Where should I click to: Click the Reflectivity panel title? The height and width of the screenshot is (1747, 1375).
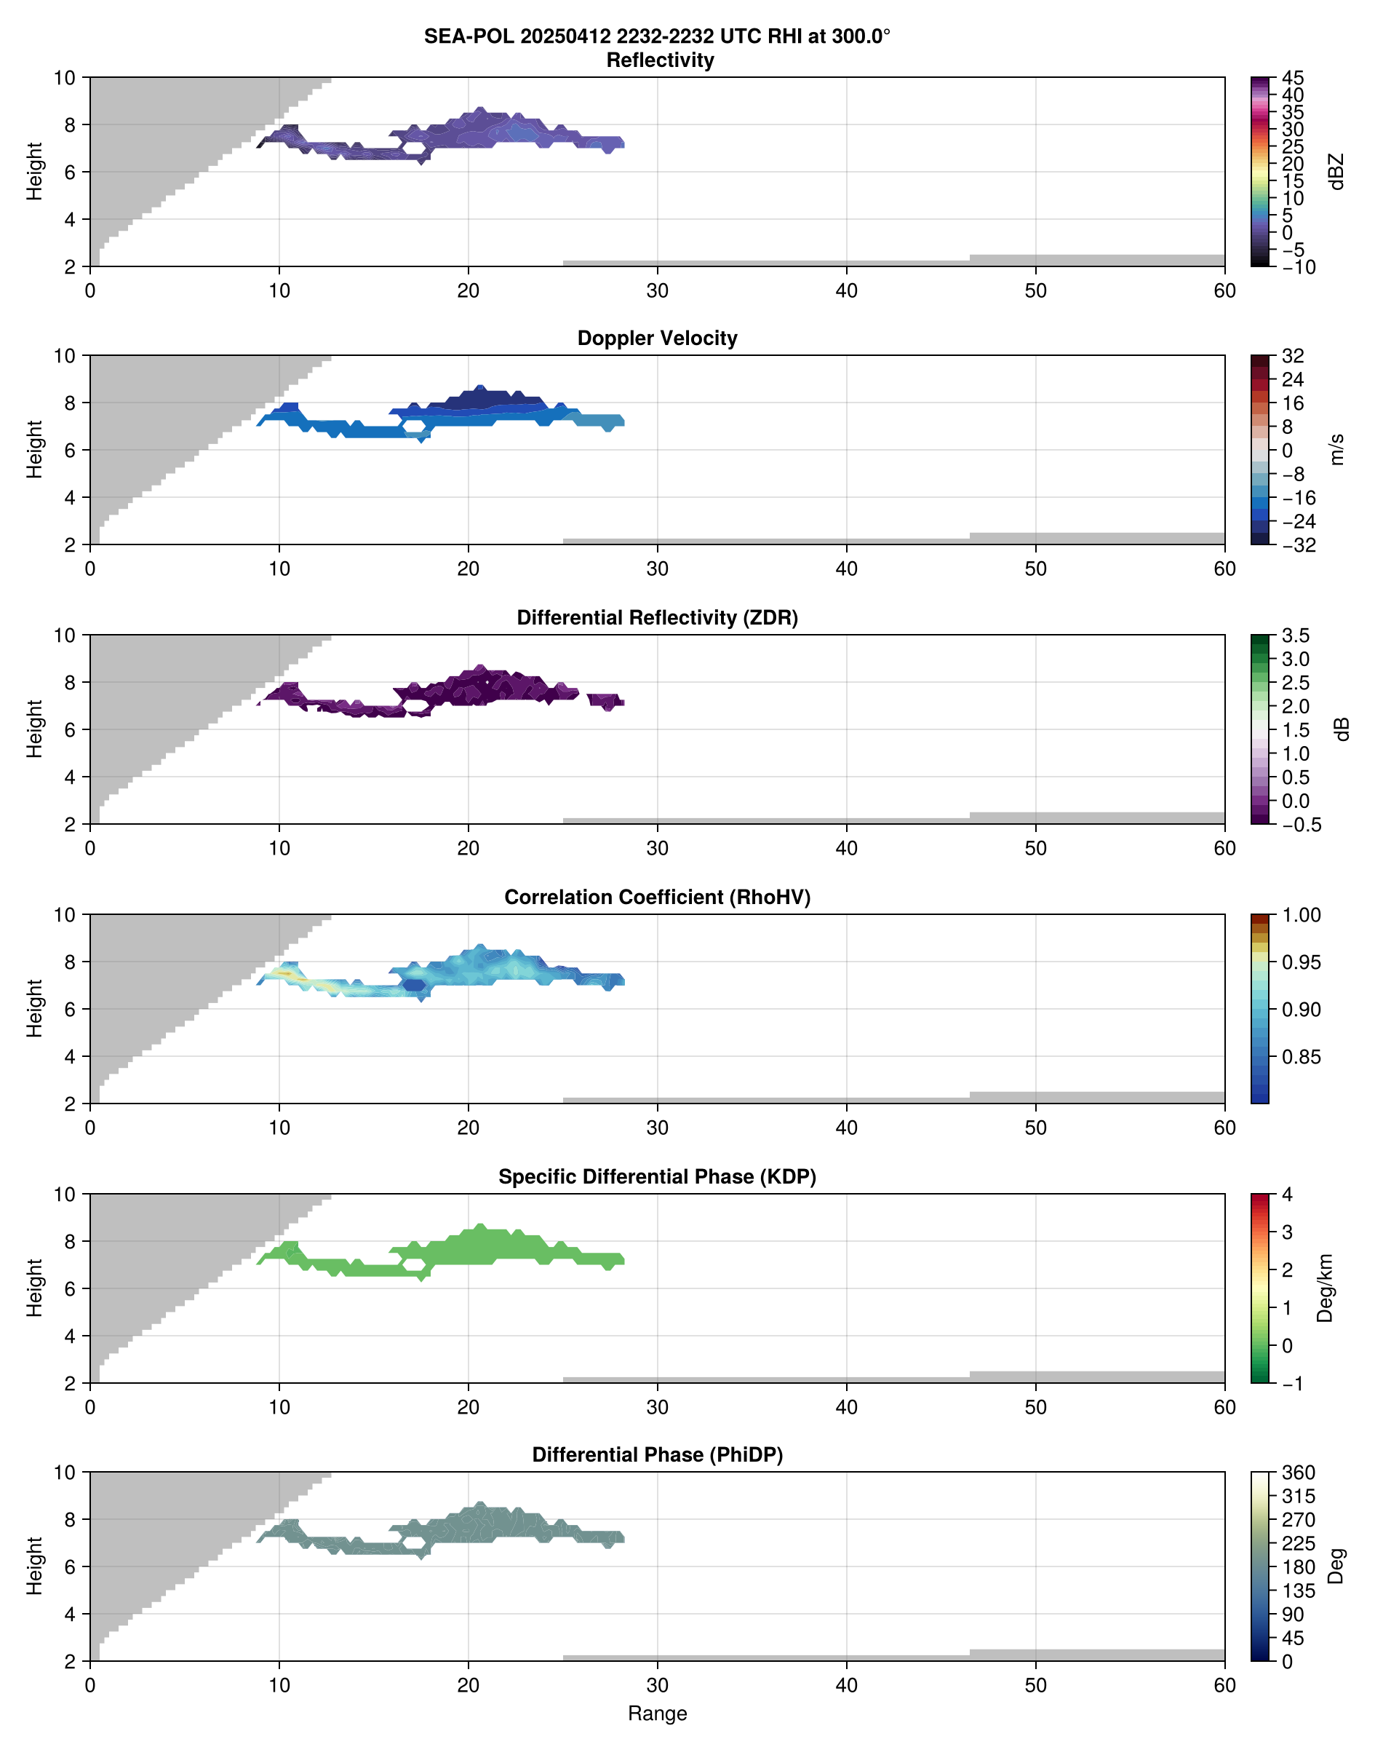[660, 60]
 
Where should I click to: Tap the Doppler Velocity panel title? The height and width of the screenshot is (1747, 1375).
[657, 338]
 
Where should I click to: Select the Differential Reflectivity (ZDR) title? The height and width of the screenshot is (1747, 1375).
[657, 618]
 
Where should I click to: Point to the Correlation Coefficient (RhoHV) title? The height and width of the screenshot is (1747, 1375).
[657, 898]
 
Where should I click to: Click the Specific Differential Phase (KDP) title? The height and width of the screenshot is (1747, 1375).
[657, 1177]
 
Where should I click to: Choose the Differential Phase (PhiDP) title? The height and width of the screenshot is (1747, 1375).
[657, 1454]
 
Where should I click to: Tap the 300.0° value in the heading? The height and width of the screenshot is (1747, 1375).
[861, 36]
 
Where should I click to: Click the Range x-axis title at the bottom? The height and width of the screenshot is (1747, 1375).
[657, 1714]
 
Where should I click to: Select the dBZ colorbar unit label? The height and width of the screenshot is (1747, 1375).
[1336, 172]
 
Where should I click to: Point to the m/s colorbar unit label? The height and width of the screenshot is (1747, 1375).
[1336, 449]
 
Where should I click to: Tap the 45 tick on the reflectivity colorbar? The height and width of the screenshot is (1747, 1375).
[1293, 78]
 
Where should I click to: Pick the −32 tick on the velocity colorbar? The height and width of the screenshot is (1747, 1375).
[1299, 545]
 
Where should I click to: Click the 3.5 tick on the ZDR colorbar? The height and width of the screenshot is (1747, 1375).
[1295, 635]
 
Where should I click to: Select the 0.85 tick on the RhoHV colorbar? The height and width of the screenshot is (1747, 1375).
[1301, 1057]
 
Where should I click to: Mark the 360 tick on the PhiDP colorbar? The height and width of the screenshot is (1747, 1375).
[1299, 1473]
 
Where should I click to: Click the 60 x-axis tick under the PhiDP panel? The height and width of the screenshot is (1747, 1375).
[1224, 1685]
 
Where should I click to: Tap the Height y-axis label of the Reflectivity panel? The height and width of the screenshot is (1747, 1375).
[33, 172]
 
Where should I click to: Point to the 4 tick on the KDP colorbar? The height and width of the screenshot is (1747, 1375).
[1287, 1195]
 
